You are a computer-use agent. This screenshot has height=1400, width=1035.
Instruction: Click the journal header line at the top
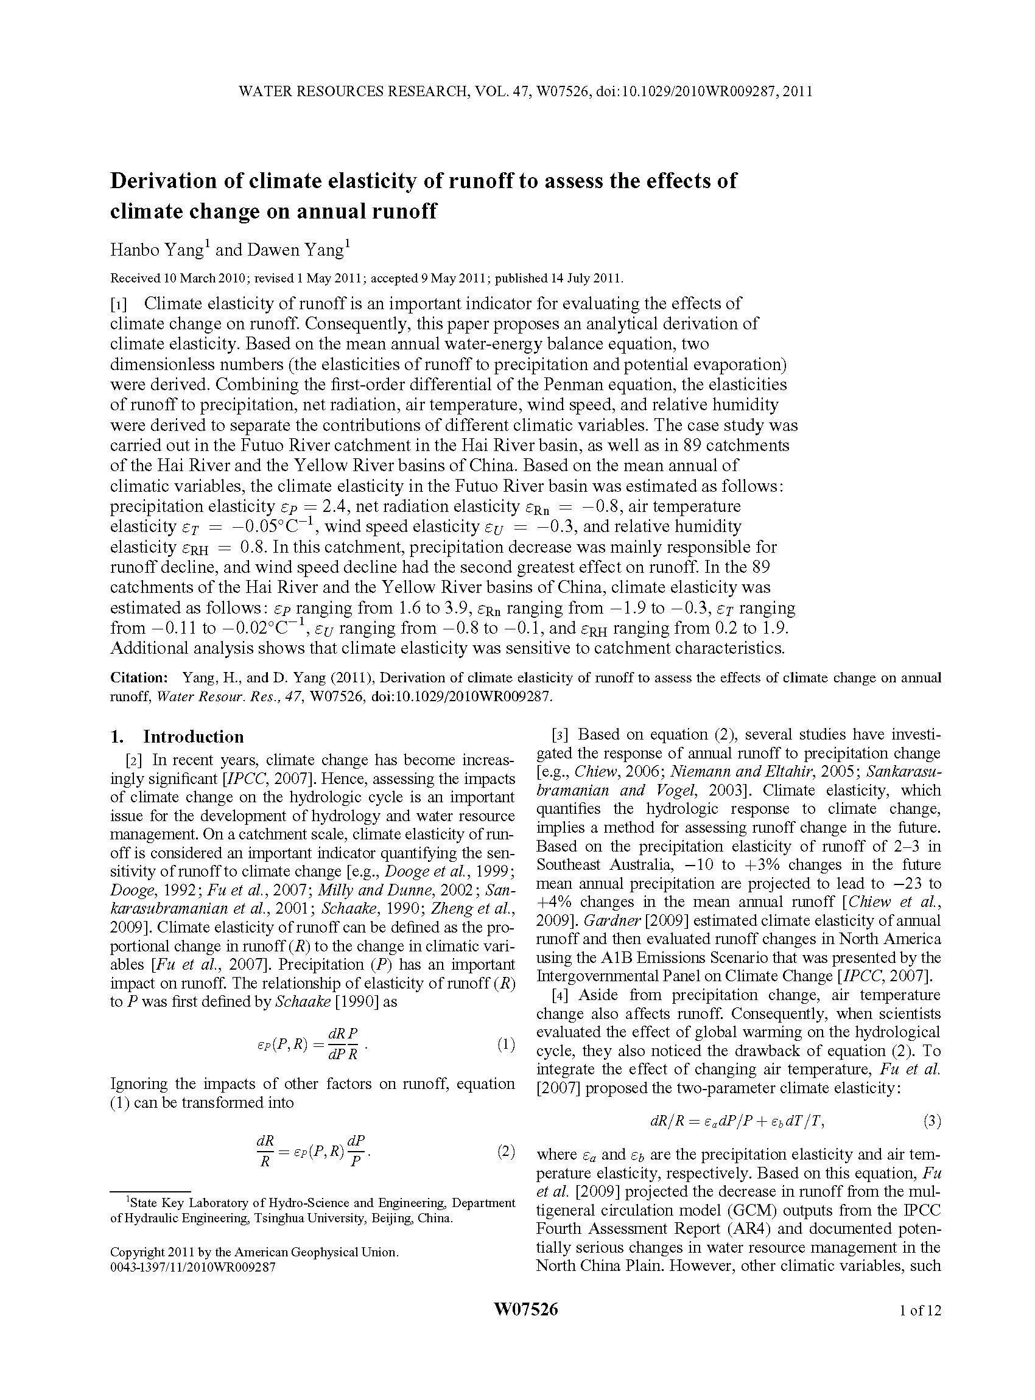pyautogui.click(x=525, y=91)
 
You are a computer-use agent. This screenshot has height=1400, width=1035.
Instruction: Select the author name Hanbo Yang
pyautogui.click(x=156, y=250)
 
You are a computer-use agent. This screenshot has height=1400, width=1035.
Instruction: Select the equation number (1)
pyautogui.click(x=505, y=1044)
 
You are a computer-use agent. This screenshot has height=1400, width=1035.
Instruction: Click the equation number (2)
pyautogui.click(x=505, y=1151)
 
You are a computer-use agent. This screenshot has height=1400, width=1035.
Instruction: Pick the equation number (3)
pyautogui.click(x=931, y=1121)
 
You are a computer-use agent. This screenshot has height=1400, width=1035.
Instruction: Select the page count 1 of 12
pyautogui.click(x=920, y=1310)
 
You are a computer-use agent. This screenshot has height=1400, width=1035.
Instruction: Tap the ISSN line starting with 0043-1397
pyautogui.click(x=192, y=1267)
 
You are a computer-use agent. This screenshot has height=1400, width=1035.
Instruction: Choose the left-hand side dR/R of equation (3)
pyautogui.click(x=665, y=1122)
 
